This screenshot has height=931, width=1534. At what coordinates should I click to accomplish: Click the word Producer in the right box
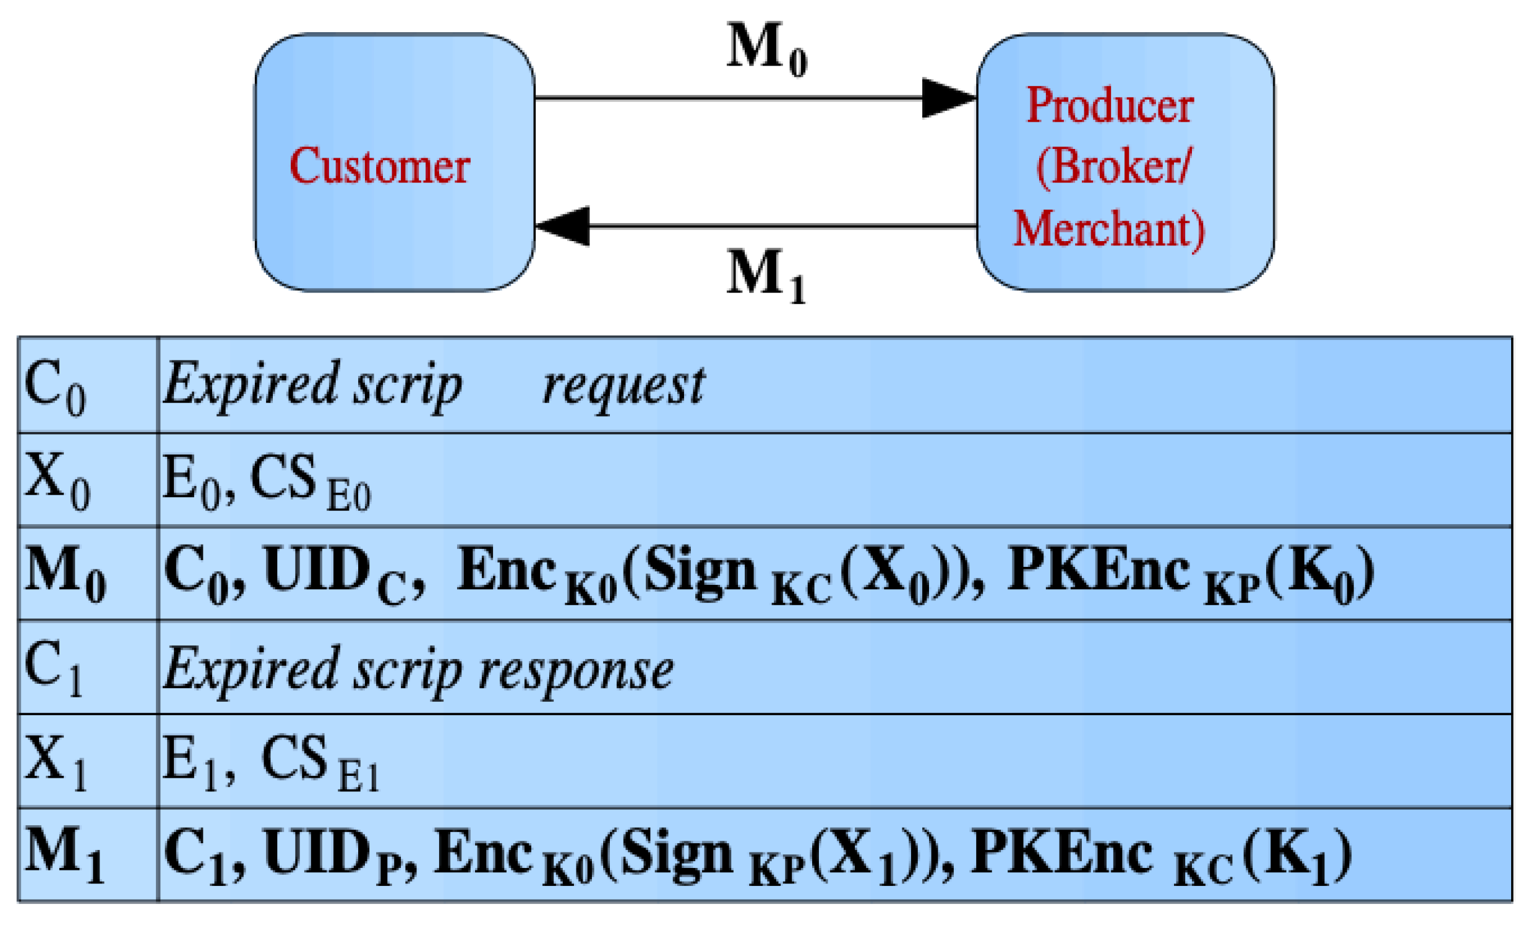pos(1110,105)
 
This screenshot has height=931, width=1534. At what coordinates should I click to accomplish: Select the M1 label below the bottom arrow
pos(766,275)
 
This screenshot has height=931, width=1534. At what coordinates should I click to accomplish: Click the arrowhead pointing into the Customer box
pos(563,226)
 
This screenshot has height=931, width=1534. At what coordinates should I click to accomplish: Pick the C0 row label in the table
pos(55,386)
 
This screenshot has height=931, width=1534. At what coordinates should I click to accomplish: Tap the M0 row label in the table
pos(65,573)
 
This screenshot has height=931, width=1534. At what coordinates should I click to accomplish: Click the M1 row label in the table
pos(64,853)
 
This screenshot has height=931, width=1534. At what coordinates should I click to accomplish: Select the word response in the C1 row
pos(576,671)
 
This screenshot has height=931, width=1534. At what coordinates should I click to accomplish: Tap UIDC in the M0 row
pos(336,573)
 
